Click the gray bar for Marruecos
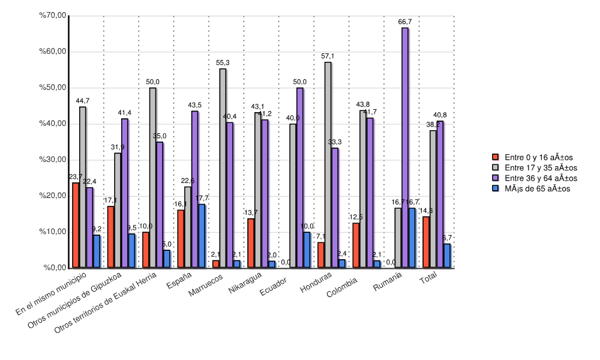[x=223, y=168]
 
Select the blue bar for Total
[x=447, y=256]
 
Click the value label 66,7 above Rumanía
[x=405, y=22]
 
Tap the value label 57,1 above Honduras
[x=328, y=56]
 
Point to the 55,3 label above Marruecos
[x=223, y=62]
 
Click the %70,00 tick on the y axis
[x=52, y=16]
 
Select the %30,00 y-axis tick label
[x=52, y=160]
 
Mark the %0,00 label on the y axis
[x=53, y=268]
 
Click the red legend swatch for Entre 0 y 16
[x=496, y=158]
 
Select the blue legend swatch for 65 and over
[x=496, y=188]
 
